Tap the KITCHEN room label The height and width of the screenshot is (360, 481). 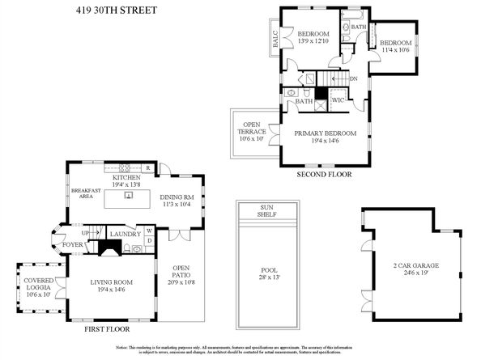[126, 177]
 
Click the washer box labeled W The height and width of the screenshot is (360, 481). [148, 231]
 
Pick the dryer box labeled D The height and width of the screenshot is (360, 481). [148, 240]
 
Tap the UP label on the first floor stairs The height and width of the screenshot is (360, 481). [84, 232]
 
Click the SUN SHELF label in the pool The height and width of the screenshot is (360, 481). [266, 210]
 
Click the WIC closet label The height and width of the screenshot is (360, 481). [338, 100]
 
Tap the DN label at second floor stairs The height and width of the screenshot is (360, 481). [353, 78]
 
